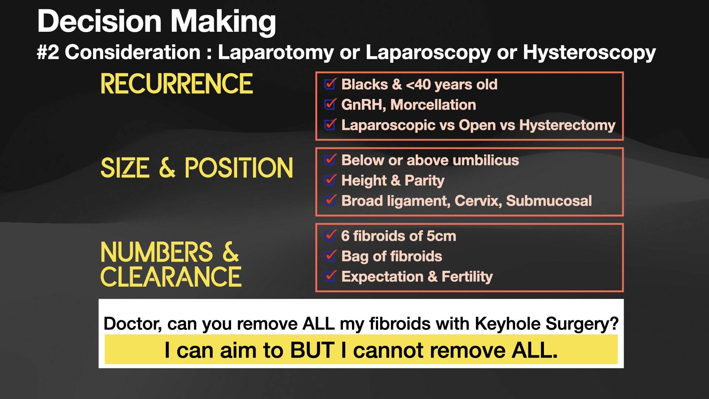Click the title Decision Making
click(x=157, y=21)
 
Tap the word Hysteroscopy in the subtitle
click(x=589, y=52)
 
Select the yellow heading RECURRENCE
click(x=177, y=84)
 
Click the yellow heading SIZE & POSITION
click(x=197, y=168)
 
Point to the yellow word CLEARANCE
click(x=171, y=277)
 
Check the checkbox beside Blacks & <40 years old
click(x=330, y=85)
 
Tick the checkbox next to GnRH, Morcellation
click(x=330, y=105)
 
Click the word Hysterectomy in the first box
click(x=567, y=125)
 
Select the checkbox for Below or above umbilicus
click(x=330, y=160)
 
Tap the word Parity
click(x=424, y=181)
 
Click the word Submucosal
click(x=549, y=201)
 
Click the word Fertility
click(x=467, y=277)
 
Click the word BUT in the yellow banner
click(x=312, y=350)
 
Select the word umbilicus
click(x=486, y=160)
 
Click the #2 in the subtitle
click(x=48, y=52)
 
